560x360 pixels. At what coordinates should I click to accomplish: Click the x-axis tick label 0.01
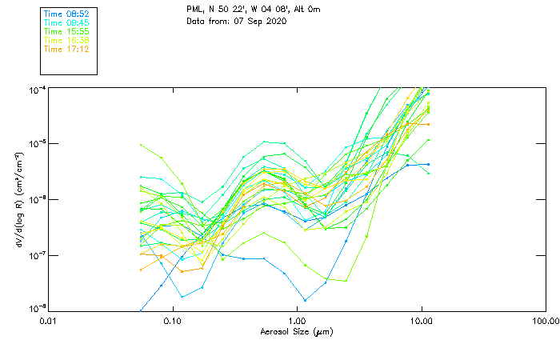48,321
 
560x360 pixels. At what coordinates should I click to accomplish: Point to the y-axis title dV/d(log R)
18,198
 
